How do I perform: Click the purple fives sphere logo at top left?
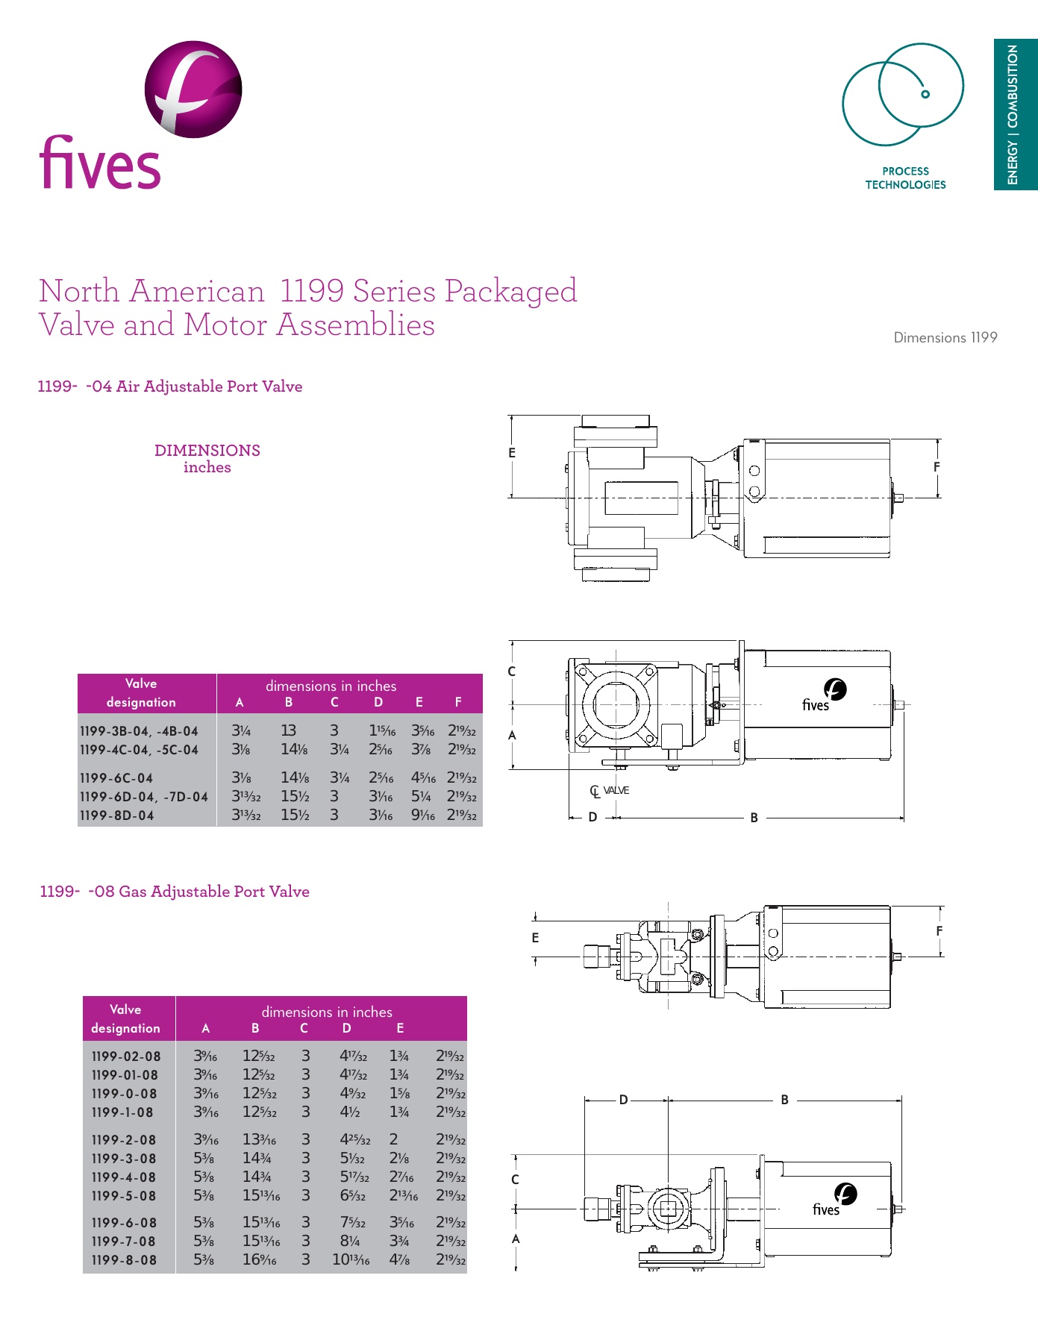point(193,90)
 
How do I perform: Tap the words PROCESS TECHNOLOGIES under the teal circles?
point(905,178)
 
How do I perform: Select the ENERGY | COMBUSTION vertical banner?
point(1014,114)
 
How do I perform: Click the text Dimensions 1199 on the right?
point(945,338)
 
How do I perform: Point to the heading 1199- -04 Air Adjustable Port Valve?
point(170,386)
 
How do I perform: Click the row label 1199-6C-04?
point(116,778)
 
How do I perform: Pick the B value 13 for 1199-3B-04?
point(288,731)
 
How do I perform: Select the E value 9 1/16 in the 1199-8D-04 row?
point(422,815)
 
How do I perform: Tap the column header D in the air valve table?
point(378,702)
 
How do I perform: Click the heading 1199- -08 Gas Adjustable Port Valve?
point(175,892)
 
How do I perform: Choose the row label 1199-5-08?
point(124,1196)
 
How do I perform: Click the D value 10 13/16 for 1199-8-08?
point(351,1260)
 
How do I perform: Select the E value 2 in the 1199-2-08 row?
point(393,1140)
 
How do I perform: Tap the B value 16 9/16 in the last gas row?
point(259,1260)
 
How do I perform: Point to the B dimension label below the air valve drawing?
point(754,818)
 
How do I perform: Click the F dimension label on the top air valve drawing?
point(937,467)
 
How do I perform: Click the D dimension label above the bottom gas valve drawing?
point(624,1100)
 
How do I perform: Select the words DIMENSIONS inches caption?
point(207,459)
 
